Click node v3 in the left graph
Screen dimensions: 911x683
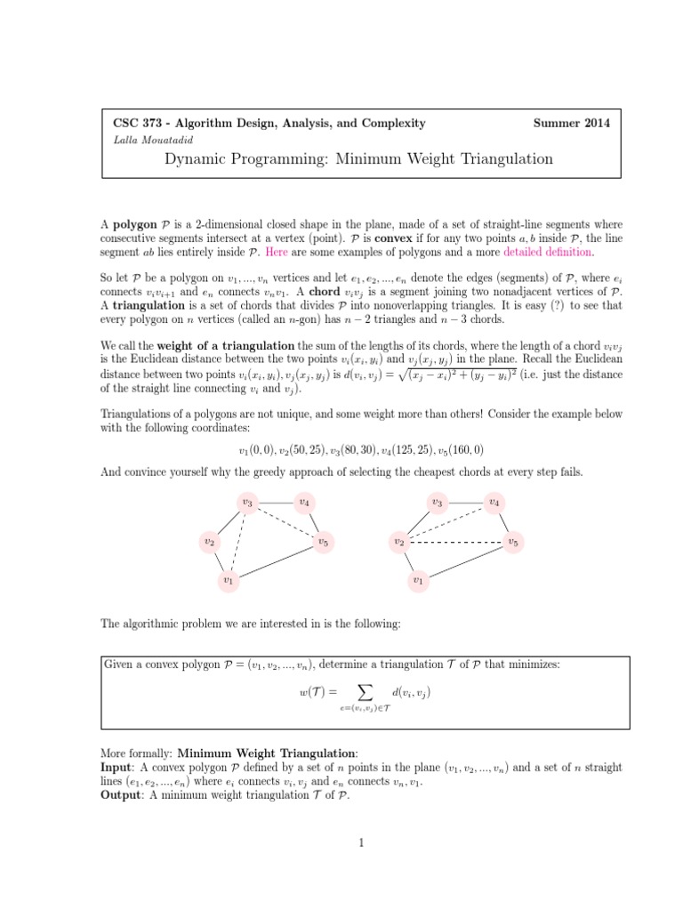click(x=247, y=503)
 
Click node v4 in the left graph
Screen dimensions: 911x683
click(x=304, y=503)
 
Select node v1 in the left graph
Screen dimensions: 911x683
click(x=228, y=580)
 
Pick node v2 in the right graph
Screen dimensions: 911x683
click(x=399, y=541)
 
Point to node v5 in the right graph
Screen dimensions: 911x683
click(x=512, y=541)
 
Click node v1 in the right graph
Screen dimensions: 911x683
click(x=418, y=580)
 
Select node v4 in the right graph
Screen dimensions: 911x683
click(x=494, y=503)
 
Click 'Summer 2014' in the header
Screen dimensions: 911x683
click(x=571, y=124)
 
